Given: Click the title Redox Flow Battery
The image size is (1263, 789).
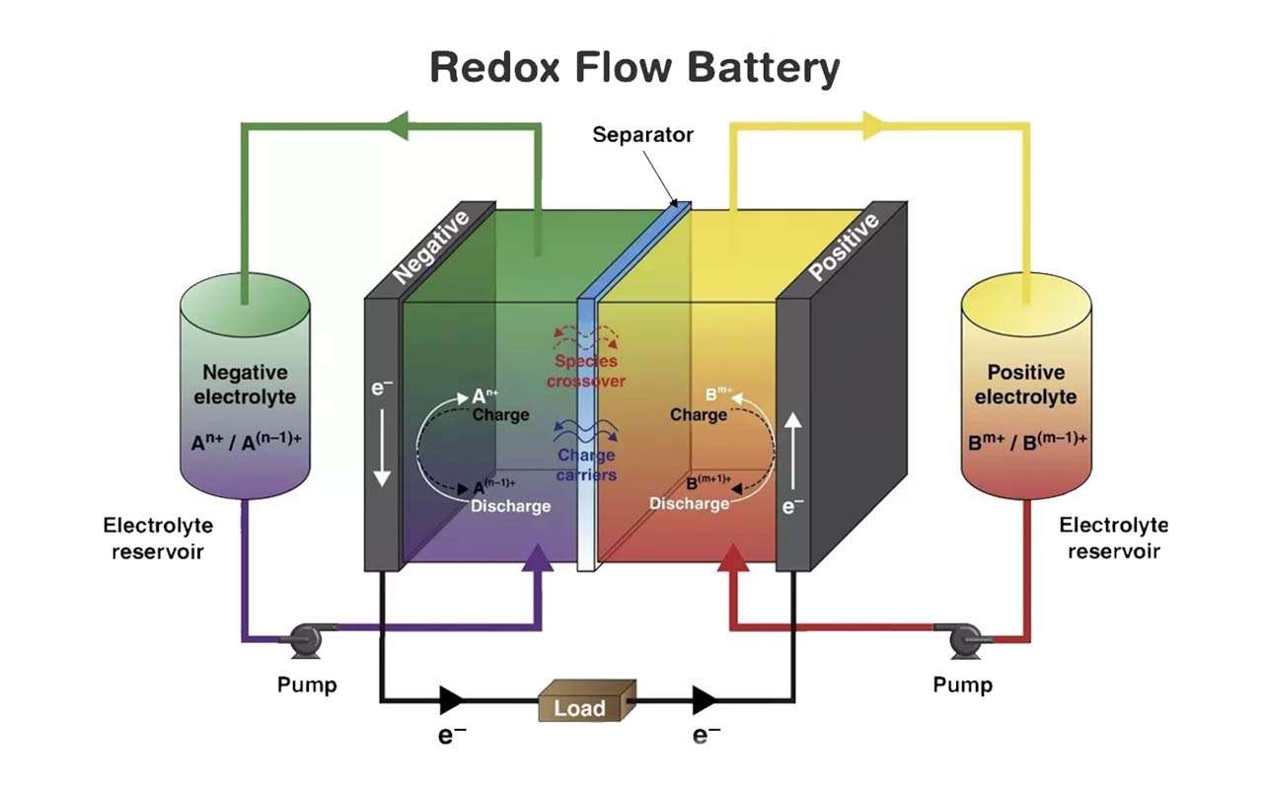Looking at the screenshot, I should [634, 69].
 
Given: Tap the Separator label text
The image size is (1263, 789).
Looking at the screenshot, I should [642, 134].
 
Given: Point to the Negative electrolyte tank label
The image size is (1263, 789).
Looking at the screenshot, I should [245, 385].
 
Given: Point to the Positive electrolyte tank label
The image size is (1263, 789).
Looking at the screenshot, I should [1025, 385].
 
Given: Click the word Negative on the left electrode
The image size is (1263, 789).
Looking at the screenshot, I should [430, 246].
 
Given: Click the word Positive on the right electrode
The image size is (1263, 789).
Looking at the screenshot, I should [844, 246].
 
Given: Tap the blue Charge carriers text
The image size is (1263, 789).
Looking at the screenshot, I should [586, 465].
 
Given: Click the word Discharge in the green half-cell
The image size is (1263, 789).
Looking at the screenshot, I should [510, 506].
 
